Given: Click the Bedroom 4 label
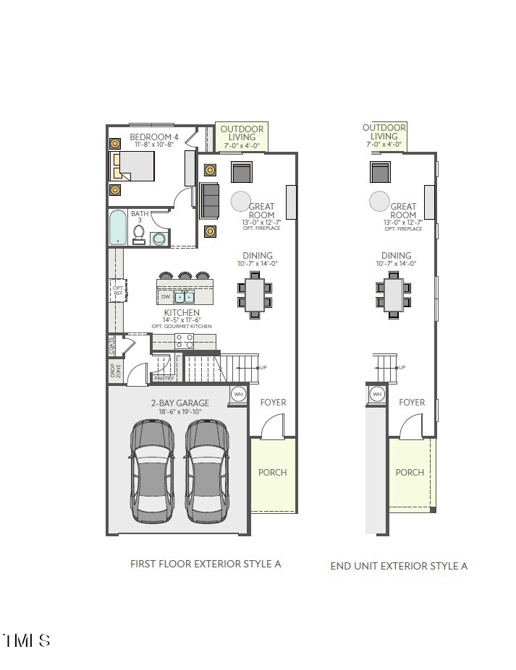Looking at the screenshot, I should pos(153,137).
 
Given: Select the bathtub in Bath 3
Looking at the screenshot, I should pos(117,228).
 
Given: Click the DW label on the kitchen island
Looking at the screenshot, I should pos(165,297).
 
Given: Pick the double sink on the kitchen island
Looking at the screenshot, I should pos(184,296).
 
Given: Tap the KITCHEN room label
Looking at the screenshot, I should pos(182,313).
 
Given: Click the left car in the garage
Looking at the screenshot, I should pos(153,472).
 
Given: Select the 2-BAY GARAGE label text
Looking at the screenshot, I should pos(180,403).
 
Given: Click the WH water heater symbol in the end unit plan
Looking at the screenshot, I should pos(376,394).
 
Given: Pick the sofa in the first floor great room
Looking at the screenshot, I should pos(210,200).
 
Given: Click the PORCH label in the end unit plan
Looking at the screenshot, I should pos(410,472).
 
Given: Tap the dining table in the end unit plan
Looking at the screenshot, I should pos(394,294).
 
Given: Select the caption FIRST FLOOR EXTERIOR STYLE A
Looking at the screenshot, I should pos(206,564).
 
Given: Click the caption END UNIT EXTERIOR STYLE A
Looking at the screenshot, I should pos(399,566).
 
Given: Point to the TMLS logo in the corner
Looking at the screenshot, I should pos(27,640).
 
